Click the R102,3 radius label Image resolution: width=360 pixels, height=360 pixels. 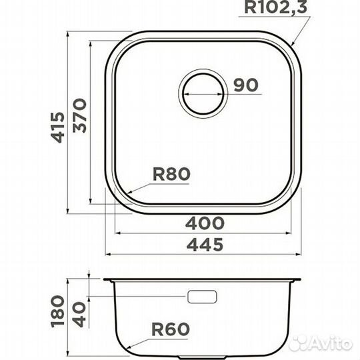(x=275, y=7)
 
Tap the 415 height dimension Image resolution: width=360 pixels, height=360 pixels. (x=57, y=127)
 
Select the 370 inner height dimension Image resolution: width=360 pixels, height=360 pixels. (x=79, y=115)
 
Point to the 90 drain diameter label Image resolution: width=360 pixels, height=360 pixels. (x=246, y=85)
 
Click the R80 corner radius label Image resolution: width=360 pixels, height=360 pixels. (x=171, y=174)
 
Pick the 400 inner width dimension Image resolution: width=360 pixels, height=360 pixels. (x=205, y=223)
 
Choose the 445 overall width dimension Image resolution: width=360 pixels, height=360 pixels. (x=205, y=244)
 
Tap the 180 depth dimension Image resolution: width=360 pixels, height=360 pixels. (x=57, y=311)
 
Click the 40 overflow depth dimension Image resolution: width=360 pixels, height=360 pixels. (x=80, y=315)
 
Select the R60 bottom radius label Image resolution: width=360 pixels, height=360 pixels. (x=171, y=329)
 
